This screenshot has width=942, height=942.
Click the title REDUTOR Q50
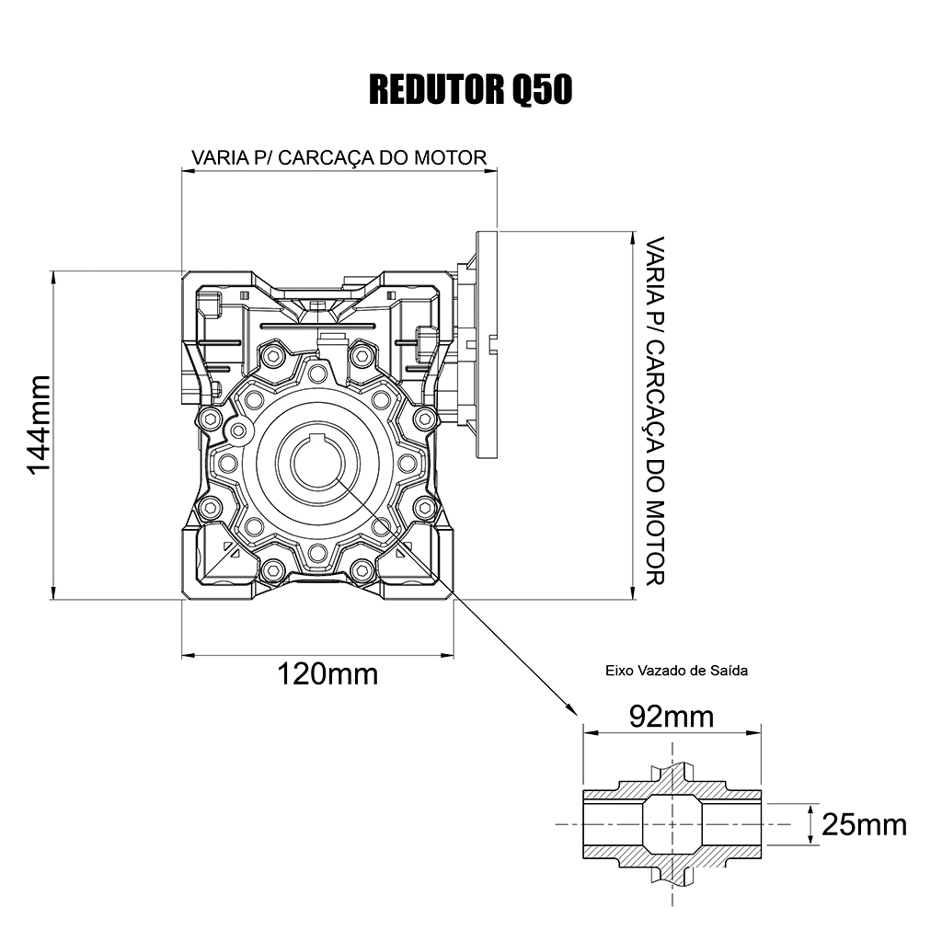(470, 90)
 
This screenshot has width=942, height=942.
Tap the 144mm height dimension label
(39, 425)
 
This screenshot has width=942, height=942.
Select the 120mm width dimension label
(327, 674)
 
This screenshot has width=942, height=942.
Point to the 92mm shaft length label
(671, 717)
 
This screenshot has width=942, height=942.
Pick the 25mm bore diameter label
(864, 825)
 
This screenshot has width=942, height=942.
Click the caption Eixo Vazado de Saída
(676, 671)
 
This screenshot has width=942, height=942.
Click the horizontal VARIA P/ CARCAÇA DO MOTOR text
(339, 157)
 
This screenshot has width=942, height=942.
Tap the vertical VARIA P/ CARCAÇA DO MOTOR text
(655, 411)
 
